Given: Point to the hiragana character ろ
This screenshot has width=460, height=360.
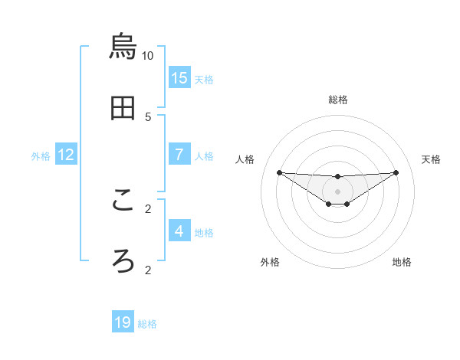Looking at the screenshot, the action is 123,260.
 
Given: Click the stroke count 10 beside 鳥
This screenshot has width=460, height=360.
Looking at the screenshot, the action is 148,56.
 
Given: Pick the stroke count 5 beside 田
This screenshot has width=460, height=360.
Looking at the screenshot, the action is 148,116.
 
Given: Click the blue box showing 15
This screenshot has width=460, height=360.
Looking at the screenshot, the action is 179,77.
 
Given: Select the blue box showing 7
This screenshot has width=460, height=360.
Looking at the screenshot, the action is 179,154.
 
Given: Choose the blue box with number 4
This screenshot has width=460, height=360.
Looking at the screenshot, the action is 179,231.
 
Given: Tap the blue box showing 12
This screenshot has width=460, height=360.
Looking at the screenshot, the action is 66,154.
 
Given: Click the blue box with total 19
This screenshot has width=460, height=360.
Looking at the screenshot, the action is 123,322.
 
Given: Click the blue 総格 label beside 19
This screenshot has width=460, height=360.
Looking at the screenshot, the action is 147,324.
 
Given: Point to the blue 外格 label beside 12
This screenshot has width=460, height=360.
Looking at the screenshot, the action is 41,155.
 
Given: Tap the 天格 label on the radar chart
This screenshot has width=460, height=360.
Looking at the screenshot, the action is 431,159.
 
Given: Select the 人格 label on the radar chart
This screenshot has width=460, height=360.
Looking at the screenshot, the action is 245,159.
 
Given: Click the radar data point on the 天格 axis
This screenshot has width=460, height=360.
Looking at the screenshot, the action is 396,172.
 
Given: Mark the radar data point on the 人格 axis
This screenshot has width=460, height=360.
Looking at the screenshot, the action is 279,172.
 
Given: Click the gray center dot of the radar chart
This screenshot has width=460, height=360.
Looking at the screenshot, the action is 337,191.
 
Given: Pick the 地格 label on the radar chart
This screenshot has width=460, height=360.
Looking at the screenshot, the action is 402,262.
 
